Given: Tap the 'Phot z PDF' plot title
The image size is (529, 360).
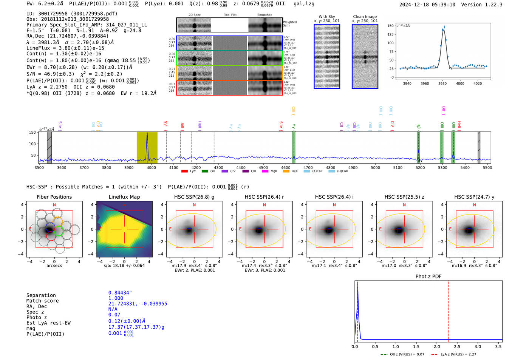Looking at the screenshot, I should [x=428, y=276].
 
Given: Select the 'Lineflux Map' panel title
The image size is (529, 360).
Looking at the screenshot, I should [x=124, y=197].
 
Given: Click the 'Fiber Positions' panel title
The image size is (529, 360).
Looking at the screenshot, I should [x=54, y=197].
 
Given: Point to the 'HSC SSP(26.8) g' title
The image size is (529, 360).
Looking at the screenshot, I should [x=194, y=197].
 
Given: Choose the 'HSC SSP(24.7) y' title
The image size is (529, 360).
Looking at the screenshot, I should [x=474, y=197].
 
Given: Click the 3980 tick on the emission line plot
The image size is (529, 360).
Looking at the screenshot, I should [x=442, y=83].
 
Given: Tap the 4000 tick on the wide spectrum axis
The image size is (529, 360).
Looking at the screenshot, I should [x=151, y=167].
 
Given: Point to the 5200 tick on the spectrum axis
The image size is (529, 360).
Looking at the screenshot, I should [x=420, y=167].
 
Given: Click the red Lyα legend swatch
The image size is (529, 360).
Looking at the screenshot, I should [x=184, y=171].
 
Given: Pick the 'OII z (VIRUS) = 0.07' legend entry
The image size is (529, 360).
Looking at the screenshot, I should [x=404, y=354].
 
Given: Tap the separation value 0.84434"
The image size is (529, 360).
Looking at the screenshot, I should [x=120, y=293].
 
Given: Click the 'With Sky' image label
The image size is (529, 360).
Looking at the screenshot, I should [x=327, y=17].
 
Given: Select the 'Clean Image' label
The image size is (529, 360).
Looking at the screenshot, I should [x=365, y=17].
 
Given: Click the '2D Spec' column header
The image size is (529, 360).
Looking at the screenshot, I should [x=195, y=15].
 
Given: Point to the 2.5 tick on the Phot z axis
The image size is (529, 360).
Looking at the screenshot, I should [x=457, y=346].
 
